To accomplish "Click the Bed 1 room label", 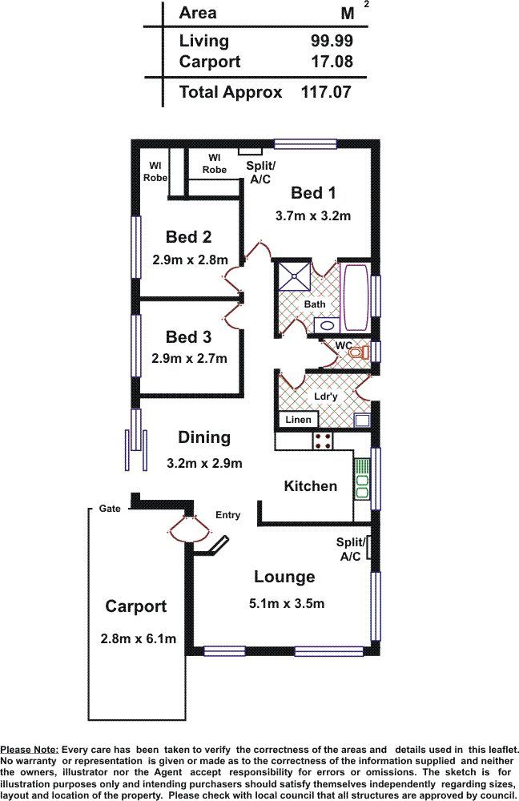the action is point(313,192).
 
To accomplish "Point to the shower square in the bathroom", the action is point(294,276).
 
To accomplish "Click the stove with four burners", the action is point(322,441).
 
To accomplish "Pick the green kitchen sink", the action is point(362,479).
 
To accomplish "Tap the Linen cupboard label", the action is point(298,420).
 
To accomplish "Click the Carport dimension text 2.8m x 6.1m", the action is point(139,638).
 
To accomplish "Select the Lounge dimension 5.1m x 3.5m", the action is point(287,603).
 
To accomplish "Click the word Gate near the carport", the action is point(110,509).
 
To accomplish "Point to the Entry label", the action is point(227,515).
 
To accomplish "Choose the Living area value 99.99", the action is point(332,41).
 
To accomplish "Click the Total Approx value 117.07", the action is point(326,92).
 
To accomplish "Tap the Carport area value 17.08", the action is point(332,62).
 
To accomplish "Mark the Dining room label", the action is point(204,437).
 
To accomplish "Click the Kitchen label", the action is point(311,486).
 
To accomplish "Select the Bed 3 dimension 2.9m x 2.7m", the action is point(190,359).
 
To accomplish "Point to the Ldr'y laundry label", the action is point(325,396).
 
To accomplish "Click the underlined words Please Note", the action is point(29,750).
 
